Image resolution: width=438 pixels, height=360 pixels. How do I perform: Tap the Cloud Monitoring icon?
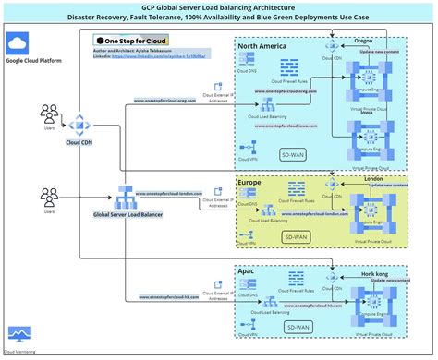point(18,334)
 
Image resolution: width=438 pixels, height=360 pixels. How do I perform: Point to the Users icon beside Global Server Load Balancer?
point(47,199)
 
